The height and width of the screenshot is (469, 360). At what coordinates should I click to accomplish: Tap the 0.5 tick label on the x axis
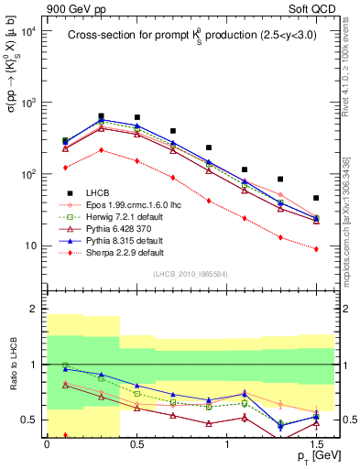tap(136, 442)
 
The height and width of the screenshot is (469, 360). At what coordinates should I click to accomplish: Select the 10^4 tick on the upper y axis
tap(31, 31)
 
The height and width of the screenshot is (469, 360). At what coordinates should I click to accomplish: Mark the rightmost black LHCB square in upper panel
tap(316, 198)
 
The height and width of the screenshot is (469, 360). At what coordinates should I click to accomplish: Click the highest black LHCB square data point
tap(101, 116)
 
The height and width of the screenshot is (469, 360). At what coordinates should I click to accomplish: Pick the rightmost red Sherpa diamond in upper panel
tap(316, 248)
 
